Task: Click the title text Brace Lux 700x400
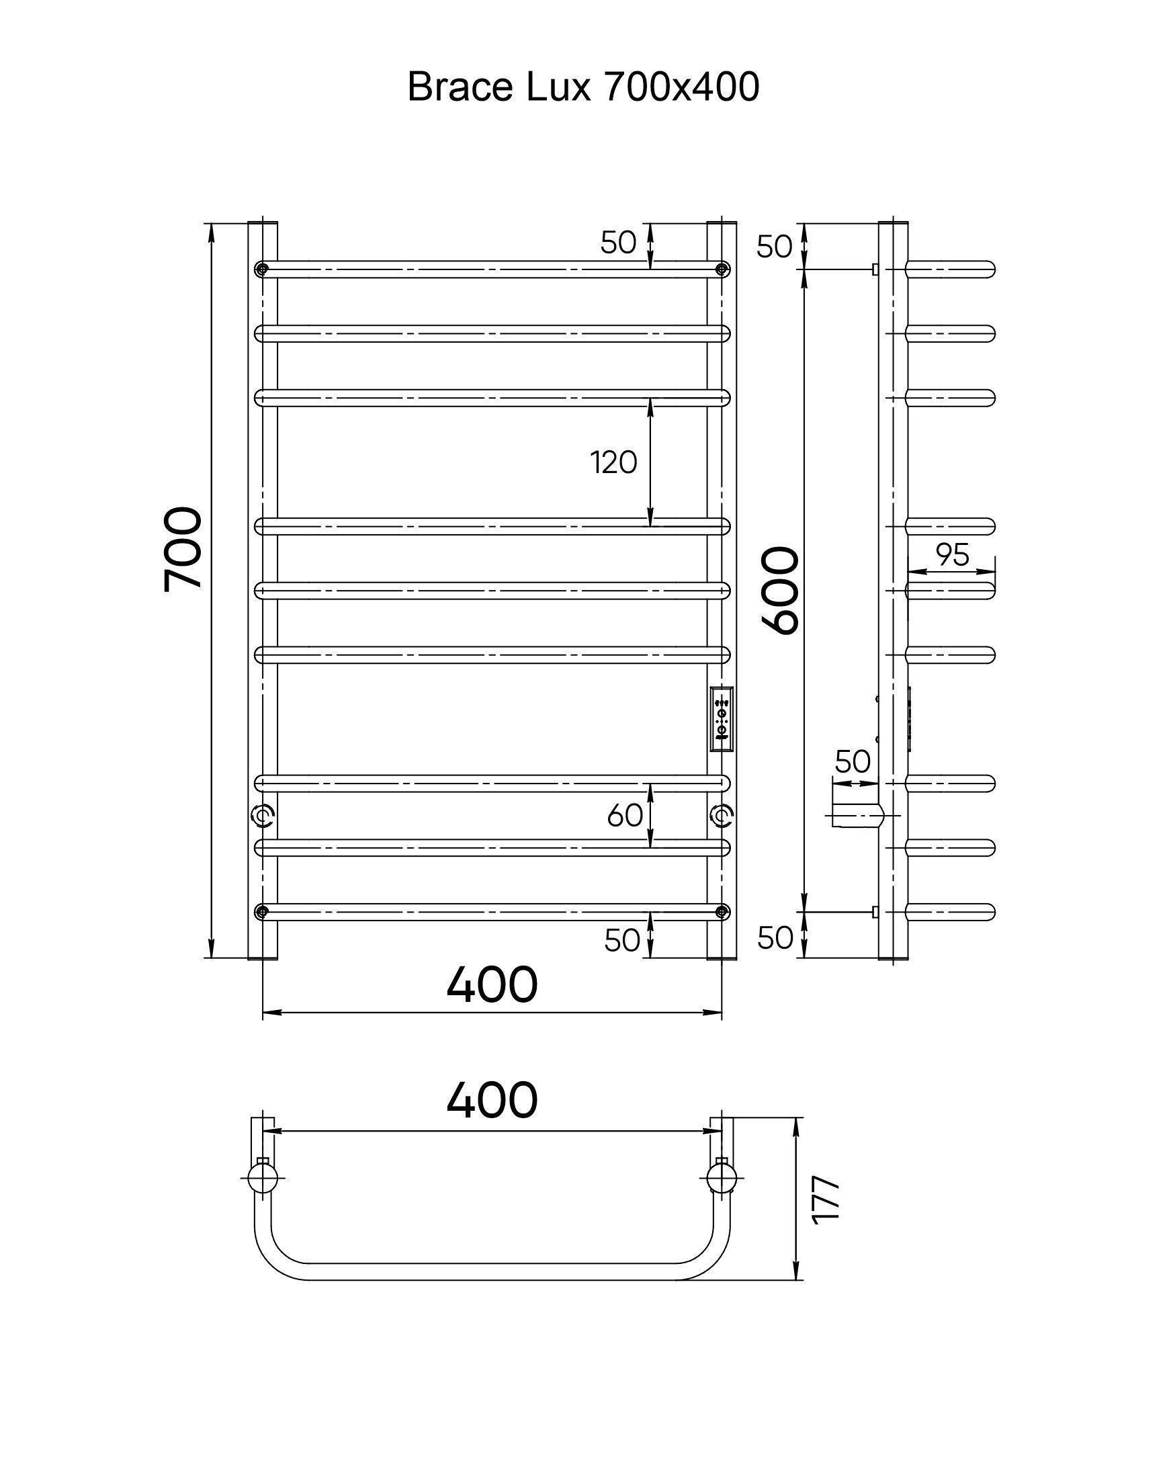point(583,87)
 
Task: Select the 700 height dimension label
point(183,548)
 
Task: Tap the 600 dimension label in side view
point(779,590)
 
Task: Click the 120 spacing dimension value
point(614,463)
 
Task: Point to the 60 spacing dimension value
point(625,814)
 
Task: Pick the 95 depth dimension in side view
point(953,554)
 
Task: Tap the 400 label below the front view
point(492,985)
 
